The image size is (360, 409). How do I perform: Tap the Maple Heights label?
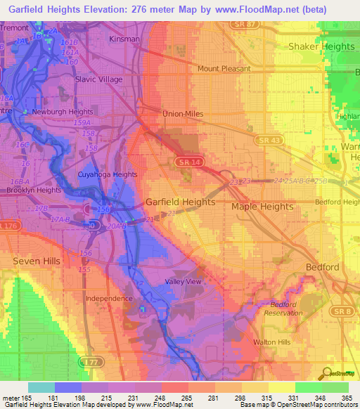point(262,207)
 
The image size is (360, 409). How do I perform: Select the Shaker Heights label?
point(321,46)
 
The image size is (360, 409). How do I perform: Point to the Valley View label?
point(183,281)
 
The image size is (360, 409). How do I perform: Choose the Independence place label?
point(109,298)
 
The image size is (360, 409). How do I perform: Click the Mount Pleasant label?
point(224,69)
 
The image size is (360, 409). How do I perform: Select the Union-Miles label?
point(183,113)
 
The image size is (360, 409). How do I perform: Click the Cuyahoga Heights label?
point(107,174)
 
